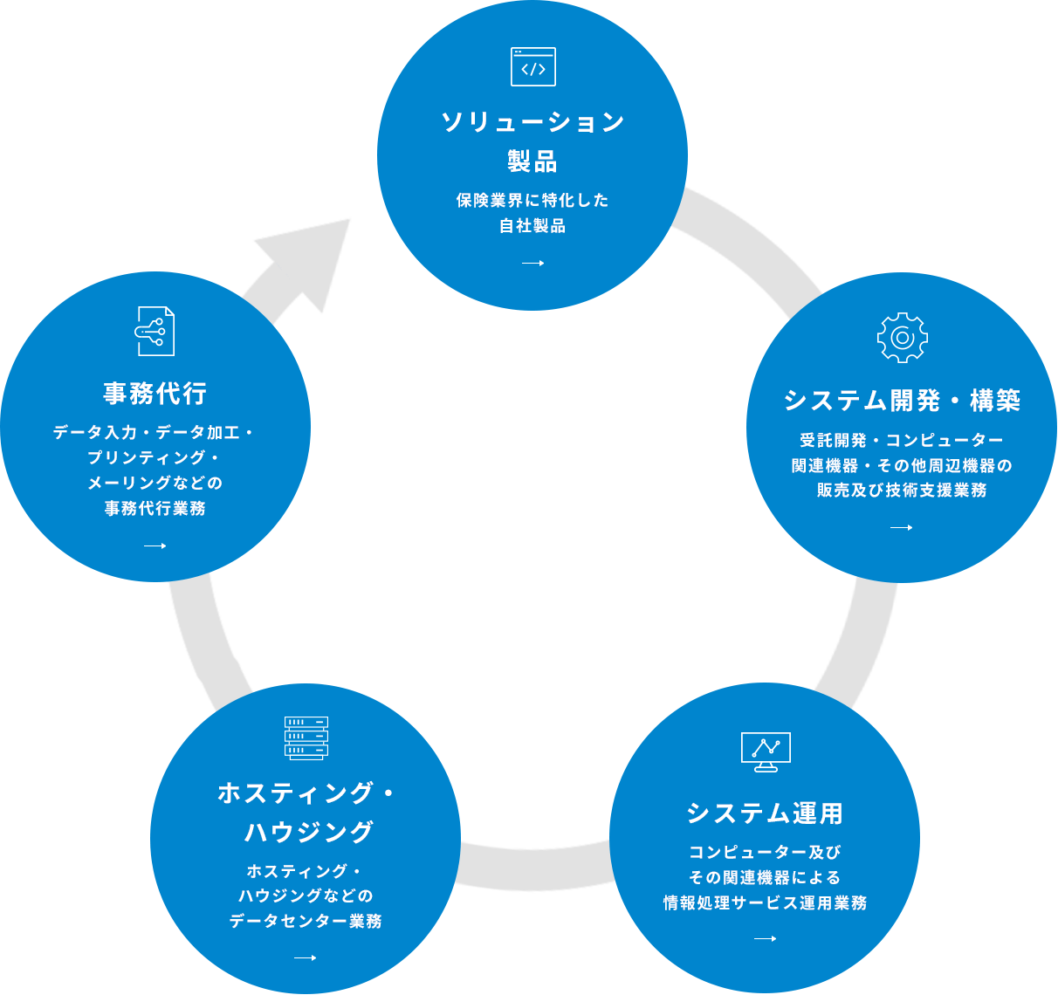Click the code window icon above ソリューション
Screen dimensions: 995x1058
point(532,67)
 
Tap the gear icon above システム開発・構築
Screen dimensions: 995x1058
point(902,337)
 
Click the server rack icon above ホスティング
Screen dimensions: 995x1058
point(306,738)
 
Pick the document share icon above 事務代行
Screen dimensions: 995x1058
point(155,331)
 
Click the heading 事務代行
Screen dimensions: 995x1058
point(155,394)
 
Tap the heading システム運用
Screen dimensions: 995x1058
point(765,813)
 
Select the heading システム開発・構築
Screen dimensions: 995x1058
point(902,401)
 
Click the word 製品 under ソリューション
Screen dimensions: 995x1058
point(532,161)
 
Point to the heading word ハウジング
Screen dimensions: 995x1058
point(309,832)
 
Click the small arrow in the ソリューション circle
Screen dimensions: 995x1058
point(532,263)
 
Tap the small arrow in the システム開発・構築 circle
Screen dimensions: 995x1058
point(902,527)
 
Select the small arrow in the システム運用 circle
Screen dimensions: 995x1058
point(765,939)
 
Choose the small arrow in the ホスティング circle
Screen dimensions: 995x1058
point(305,957)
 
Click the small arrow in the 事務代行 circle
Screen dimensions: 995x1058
point(155,546)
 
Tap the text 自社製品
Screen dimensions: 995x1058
point(532,226)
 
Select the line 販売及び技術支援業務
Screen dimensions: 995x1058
point(902,491)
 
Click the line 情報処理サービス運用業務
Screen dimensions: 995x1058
point(765,902)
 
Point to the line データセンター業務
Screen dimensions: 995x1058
point(305,921)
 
